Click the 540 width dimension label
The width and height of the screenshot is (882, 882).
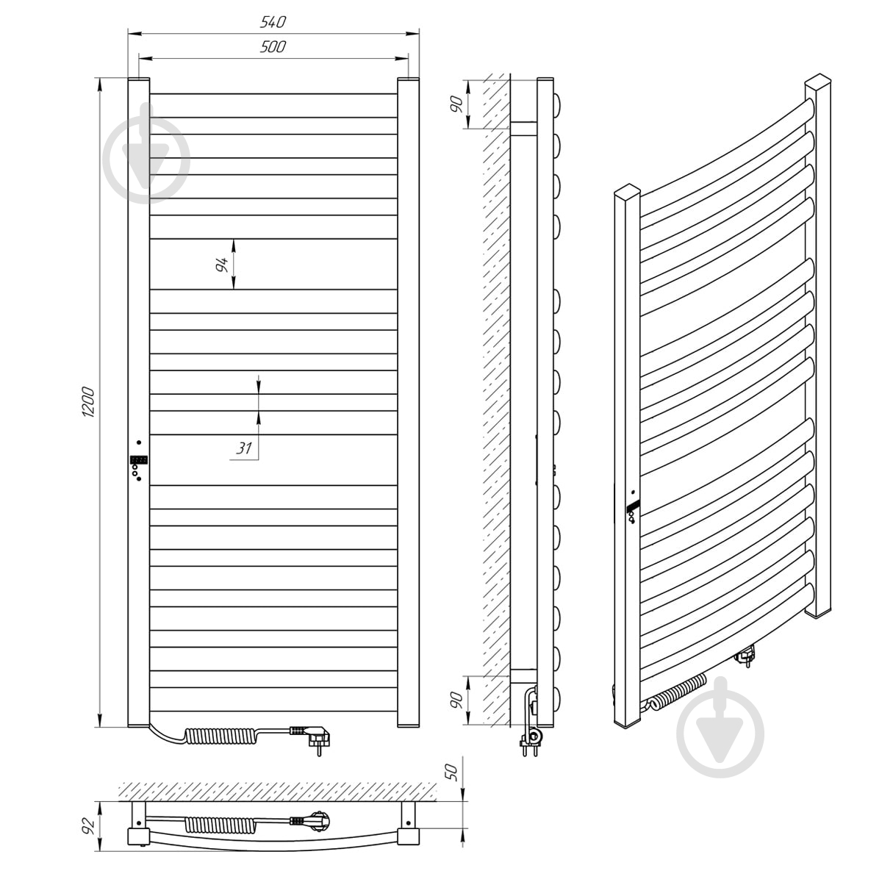click(273, 22)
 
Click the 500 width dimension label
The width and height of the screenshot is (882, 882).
click(273, 47)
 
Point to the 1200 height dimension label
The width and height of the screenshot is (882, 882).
click(88, 402)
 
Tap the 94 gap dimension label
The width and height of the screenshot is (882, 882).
click(222, 264)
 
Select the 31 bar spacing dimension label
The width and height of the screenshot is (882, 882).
click(243, 448)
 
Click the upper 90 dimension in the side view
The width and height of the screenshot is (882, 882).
click(456, 104)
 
